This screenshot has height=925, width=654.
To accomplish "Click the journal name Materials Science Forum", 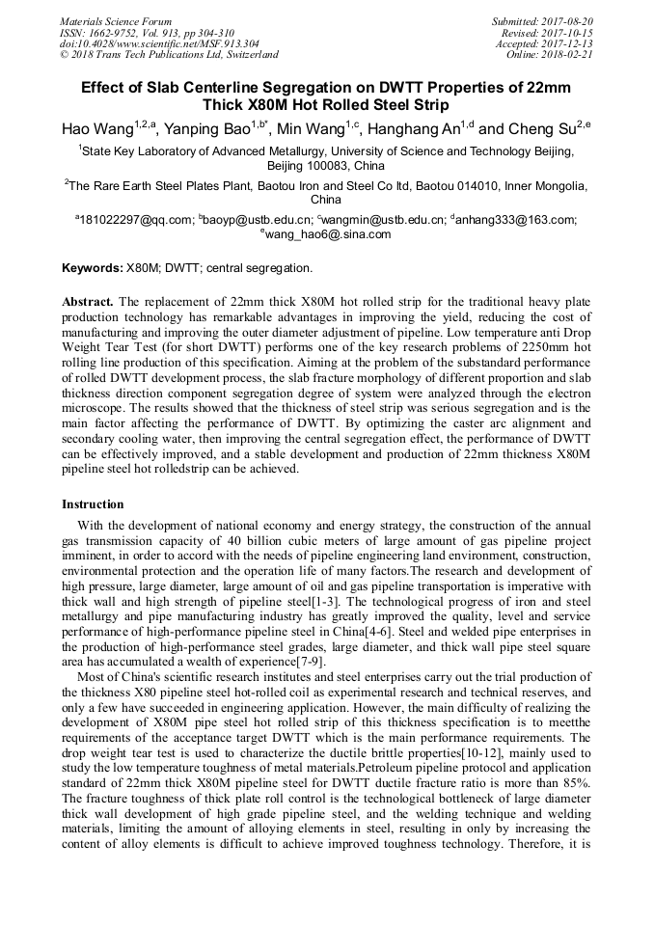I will click(116, 20).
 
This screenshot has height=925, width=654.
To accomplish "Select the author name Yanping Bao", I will click(209, 128).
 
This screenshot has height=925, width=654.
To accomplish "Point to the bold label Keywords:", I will click(93, 267).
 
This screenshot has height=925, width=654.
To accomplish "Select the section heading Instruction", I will click(93, 504).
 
